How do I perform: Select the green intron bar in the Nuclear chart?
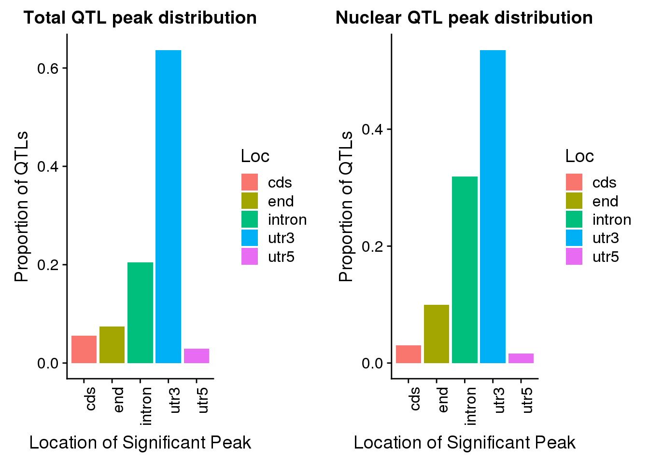coord(465,270)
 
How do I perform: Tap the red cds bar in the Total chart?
coord(84,349)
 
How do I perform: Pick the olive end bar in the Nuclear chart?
coord(437,334)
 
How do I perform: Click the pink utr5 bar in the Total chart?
coord(197,356)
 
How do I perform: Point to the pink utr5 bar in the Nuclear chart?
coord(521,358)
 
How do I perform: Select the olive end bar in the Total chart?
coord(112,345)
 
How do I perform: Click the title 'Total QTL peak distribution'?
coord(140,18)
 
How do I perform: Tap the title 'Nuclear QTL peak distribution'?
coord(464,18)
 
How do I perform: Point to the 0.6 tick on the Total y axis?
coord(48,68)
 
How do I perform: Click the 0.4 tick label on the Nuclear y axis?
coord(372,129)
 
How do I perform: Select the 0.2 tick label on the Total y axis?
coord(48,265)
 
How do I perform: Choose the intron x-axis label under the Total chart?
coord(146,406)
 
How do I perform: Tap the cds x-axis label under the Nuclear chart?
coord(414,399)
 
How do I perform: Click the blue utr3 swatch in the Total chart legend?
coord(250,238)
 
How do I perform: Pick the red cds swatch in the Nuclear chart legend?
coord(574,182)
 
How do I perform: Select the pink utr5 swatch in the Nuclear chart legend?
coord(574,257)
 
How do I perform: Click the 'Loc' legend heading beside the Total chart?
coord(255,156)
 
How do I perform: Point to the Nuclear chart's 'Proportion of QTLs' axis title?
coord(346,206)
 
